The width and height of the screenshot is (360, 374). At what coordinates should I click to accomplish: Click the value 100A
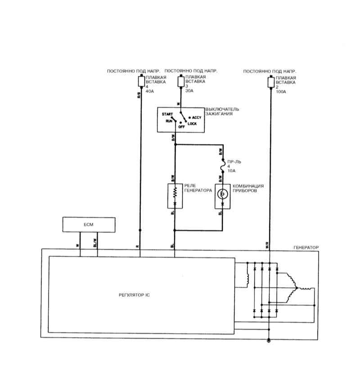coord(282,92)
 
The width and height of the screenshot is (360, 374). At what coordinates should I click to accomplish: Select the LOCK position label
coord(193,124)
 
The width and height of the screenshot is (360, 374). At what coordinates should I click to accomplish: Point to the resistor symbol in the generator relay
coord(175,193)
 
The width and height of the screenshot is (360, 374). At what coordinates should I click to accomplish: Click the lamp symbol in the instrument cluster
coord(221,194)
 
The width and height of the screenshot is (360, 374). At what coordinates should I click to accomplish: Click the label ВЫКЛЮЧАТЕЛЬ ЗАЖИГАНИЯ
coord(222,112)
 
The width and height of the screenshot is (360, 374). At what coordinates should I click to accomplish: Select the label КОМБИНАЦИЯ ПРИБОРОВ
coord(247,188)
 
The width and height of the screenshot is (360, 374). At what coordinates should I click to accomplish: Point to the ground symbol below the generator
coord(269,341)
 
